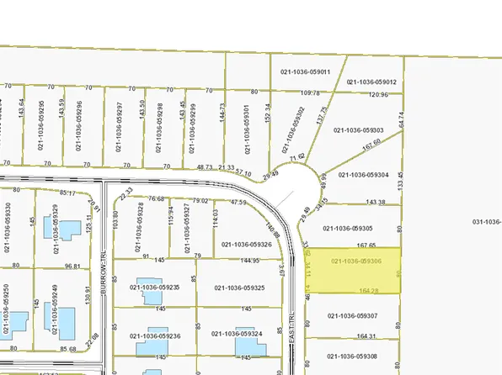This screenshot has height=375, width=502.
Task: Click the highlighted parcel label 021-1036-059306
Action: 364,261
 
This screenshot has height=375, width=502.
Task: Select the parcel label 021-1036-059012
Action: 371,82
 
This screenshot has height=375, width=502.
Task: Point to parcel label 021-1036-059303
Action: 359,130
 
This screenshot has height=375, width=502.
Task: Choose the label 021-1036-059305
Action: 348,228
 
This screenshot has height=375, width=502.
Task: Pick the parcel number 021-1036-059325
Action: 240,288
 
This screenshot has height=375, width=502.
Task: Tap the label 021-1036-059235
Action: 155,288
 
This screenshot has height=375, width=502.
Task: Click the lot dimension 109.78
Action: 311,92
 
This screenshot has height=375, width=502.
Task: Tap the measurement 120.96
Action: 379,94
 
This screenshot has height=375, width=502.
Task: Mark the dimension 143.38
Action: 376,203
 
